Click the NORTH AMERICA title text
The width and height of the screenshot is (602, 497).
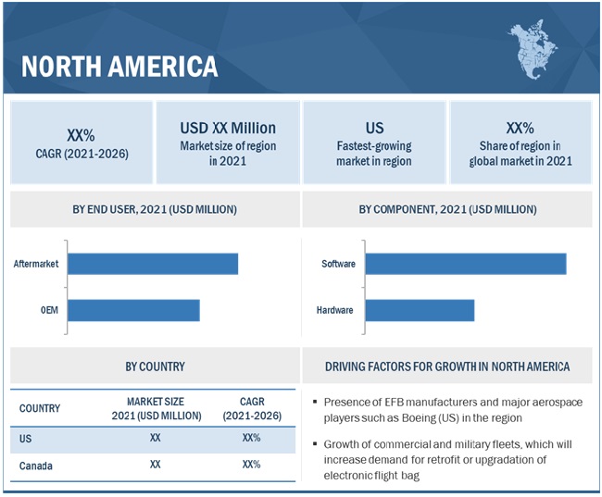(x=119, y=67)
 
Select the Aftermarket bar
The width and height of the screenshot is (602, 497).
(x=153, y=264)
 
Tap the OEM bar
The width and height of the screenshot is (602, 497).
(x=133, y=310)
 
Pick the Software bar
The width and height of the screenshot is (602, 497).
(x=466, y=264)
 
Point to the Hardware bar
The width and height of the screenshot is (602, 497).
(x=420, y=310)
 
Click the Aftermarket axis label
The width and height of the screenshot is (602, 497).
(x=36, y=264)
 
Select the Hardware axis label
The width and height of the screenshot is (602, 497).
(x=334, y=310)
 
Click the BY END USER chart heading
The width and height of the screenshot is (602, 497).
(x=155, y=209)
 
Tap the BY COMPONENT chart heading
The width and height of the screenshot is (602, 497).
(x=446, y=209)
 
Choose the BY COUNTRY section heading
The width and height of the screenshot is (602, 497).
(x=155, y=367)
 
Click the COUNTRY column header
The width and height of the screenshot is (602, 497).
(x=40, y=408)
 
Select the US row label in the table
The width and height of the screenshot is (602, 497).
(x=26, y=438)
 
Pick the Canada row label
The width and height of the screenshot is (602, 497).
(x=36, y=465)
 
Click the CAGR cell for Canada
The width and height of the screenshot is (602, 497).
(x=250, y=465)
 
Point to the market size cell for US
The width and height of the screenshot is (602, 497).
(x=155, y=438)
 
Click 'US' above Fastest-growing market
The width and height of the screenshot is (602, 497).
(x=374, y=128)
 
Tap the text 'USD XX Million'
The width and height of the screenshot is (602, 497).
(x=228, y=128)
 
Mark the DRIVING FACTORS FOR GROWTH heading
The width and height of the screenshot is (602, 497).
(x=447, y=367)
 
